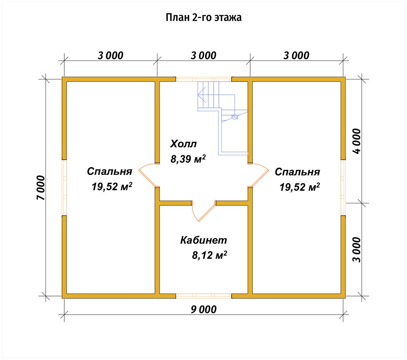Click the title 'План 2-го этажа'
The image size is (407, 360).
(203, 18)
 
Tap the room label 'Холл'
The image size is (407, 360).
(183, 144)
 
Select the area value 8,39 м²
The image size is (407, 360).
(188, 159)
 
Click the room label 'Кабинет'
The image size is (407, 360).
(203, 240)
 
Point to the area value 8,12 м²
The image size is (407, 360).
(210, 255)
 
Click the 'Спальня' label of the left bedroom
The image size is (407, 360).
(109, 171)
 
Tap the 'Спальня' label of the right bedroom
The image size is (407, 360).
(297, 172)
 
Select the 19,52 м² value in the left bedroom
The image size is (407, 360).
(112, 186)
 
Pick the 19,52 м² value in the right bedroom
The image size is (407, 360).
(300, 187)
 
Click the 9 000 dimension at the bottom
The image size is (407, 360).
(203, 309)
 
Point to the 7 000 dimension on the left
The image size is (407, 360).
(41, 188)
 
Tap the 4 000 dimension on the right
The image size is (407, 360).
(357, 141)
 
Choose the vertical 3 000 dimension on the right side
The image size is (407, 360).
(357, 250)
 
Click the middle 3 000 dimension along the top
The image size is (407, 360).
(203, 55)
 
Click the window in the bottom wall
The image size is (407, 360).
(203, 295)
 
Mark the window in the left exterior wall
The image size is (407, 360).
(64, 188)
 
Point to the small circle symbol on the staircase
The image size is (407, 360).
(234, 117)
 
